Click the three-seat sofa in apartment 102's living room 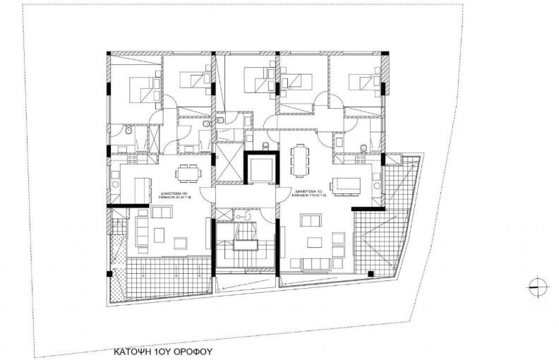[315, 264]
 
